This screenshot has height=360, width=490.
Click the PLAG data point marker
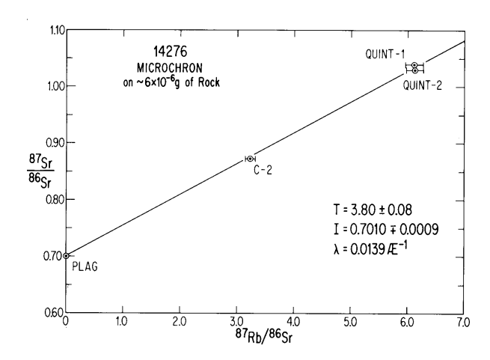pyautogui.click(x=67, y=256)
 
